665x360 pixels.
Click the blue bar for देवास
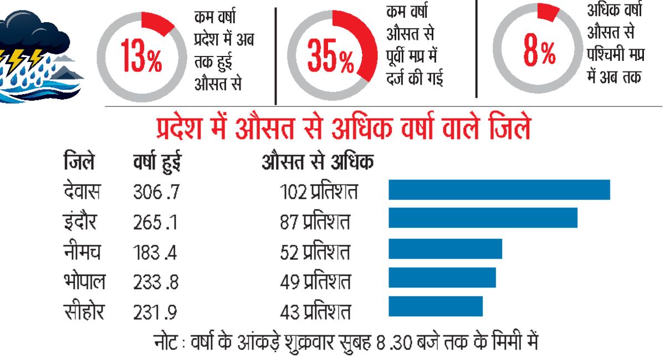click(x=499, y=189)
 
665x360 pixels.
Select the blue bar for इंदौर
click(x=483, y=218)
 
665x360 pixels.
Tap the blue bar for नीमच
click(x=446, y=249)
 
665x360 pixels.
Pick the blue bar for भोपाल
click(x=442, y=277)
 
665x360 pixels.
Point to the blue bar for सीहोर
click(x=436, y=306)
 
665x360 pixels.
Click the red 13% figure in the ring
click(x=141, y=56)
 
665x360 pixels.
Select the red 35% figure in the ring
click(x=330, y=56)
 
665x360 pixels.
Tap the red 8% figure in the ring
click(x=539, y=49)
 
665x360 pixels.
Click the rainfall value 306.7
click(x=156, y=192)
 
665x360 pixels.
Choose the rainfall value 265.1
click(x=155, y=222)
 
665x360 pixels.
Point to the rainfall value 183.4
click(x=155, y=253)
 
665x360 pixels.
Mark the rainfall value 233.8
click(x=156, y=282)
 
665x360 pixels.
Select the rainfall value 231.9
click(x=155, y=312)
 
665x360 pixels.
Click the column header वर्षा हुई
click(x=157, y=162)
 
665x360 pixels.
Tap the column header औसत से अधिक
click(x=318, y=161)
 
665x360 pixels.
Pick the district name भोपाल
click(x=84, y=280)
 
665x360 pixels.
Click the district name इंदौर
click(x=80, y=221)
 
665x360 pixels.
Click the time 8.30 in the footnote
click(x=394, y=343)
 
